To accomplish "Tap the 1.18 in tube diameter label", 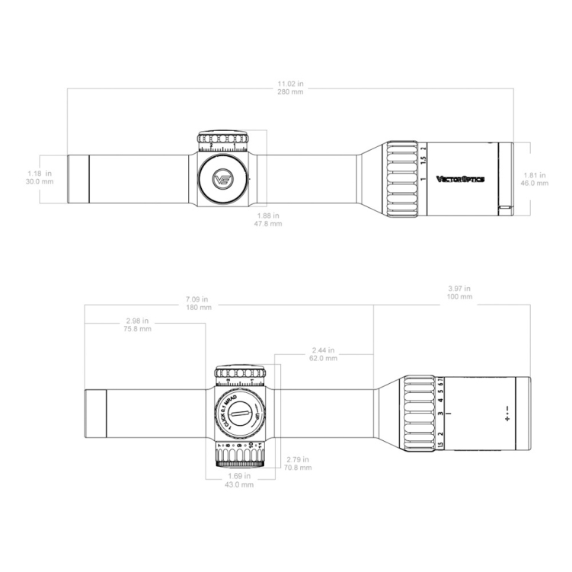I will pos(38,174).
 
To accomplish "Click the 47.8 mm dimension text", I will pos(270,224).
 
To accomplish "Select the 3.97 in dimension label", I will pos(462,289).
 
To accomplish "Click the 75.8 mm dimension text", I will pos(138,329).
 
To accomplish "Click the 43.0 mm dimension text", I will pos(241,484).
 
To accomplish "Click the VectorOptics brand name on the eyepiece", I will pos(460,180).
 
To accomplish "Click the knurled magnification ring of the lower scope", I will pos(417,415).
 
